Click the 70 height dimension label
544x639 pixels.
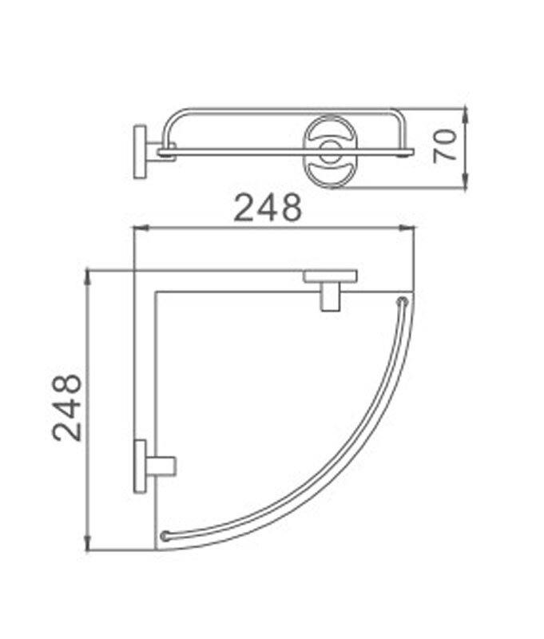click(x=445, y=146)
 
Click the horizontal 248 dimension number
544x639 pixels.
click(x=268, y=208)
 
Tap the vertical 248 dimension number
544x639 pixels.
click(x=67, y=407)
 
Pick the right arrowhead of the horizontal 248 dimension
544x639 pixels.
click(x=407, y=228)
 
